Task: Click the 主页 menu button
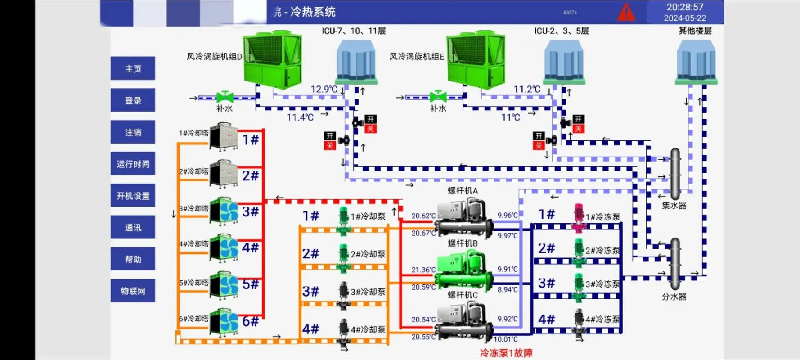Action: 133,69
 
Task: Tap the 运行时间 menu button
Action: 133,164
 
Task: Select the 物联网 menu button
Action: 133,291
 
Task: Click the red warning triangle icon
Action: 626,13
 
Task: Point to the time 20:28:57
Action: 684,7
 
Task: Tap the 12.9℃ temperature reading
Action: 324,89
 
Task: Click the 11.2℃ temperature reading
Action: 527,89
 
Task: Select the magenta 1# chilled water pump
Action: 579,217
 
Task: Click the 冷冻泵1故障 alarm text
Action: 506,353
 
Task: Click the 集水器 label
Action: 674,206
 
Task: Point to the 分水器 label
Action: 674,297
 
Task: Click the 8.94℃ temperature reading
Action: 508,289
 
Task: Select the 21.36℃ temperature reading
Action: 423,270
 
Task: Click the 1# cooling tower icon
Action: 223,136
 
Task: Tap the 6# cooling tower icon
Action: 224,322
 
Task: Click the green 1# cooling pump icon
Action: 343,220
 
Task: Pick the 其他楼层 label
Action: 695,31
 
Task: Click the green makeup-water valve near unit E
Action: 438,97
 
